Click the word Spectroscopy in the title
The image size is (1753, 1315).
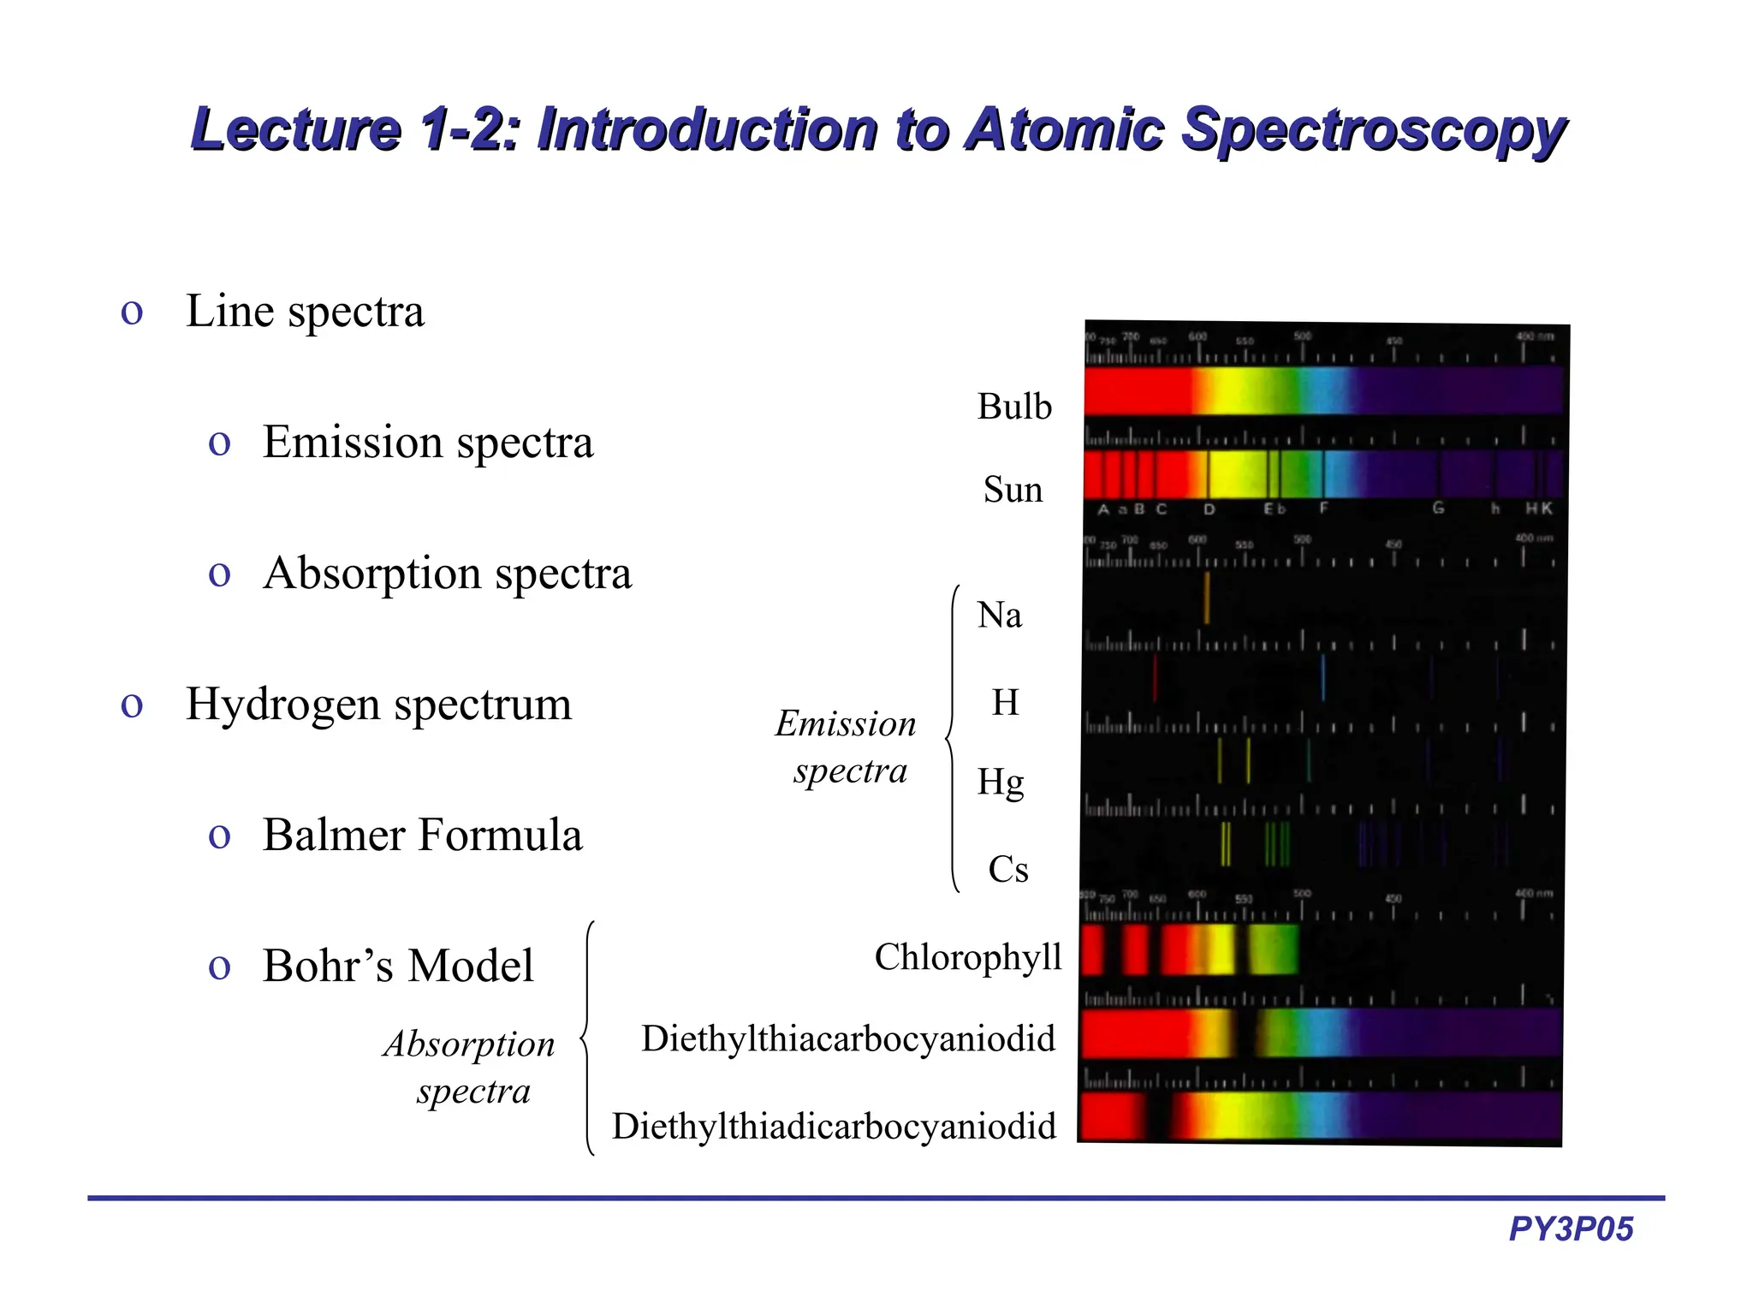click(1373, 130)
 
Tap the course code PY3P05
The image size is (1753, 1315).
click(1571, 1229)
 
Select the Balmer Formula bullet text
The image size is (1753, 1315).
click(422, 835)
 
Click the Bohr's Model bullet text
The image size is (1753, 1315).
click(398, 966)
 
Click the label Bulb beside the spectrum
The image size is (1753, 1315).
click(1014, 407)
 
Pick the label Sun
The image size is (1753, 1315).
click(1013, 490)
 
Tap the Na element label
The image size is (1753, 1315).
click(1000, 615)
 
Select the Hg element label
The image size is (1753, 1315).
click(1001, 782)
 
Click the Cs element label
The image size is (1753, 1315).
click(1007, 869)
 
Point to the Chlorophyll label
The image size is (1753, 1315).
click(967, 957)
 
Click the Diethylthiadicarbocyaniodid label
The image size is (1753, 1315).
click(834, 1126)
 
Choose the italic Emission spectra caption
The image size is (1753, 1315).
click(846, 747)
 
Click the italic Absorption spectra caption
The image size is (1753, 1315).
click(469, 1067)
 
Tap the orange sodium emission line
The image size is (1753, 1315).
click(1207, 598)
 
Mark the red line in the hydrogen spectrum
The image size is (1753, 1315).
click(1155, 678)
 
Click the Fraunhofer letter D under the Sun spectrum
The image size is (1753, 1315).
click(1209, 509)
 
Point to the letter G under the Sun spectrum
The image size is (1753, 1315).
click(1438, 509)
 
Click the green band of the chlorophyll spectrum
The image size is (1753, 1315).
click(1274, 949)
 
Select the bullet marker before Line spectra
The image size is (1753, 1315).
click(132, 312)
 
